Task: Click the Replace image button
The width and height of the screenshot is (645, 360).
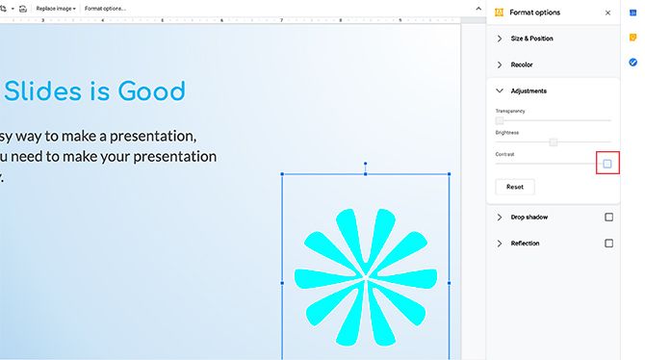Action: tap(56, 8)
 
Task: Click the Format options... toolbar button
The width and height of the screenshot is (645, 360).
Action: tap(105, 8)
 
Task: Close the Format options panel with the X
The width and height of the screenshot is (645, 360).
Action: tap(607, 13)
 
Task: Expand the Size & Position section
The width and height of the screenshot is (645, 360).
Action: tap(531, 39)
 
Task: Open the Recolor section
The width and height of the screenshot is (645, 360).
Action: tap(521, 64)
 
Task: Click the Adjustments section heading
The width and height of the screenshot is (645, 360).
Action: tap(529, 90)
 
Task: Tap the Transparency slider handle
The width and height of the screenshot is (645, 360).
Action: tap(500, 120)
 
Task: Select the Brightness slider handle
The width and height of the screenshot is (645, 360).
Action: tap(554, 142)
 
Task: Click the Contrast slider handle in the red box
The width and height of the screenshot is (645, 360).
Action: tap(607, 164)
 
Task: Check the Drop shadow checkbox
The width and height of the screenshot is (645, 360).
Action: tap(608, 218)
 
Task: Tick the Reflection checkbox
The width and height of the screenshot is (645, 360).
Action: tap(608, 244)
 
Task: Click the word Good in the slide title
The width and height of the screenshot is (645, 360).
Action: tap(151, 91)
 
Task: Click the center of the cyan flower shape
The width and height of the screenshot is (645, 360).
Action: tap(366, 278)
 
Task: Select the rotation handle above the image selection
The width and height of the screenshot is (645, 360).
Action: tap(366, 165)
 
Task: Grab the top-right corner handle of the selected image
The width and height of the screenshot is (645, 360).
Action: tap(450, 174)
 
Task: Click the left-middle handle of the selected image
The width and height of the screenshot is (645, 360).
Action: tap(282, 283)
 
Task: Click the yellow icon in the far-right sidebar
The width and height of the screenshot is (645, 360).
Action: tap(632, 38)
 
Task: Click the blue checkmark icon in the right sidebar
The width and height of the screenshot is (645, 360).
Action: tap(632, 63)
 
